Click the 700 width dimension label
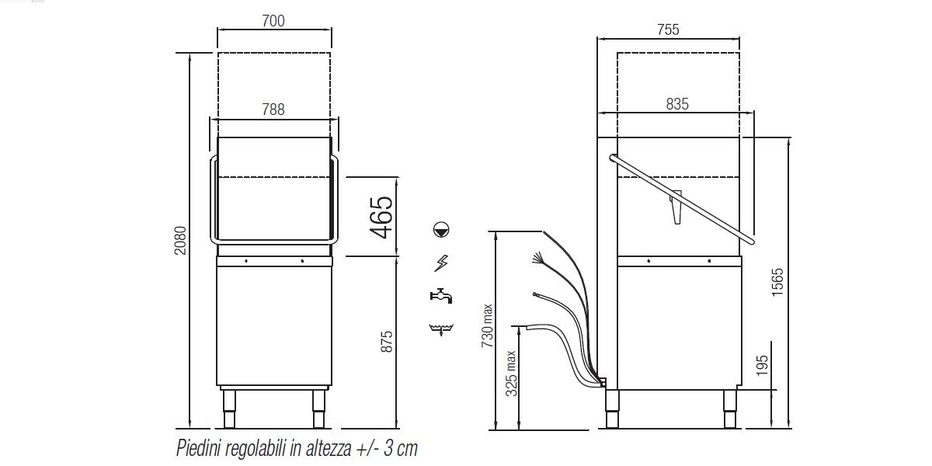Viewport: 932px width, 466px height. (x=273, y=21)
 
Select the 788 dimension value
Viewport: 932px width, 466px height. (x=273, y=110)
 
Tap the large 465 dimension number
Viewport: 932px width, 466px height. (x=381, y=217)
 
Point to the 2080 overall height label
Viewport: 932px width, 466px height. (x=180, y=241)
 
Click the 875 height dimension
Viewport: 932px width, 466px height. (x=387, y=342)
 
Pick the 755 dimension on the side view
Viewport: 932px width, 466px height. (x=668, y=30)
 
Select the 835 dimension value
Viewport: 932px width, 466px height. (x=677, y=104)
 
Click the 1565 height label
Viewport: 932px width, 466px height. (x=777, y=282)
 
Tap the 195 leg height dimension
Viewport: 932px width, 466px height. (x=762, y=366)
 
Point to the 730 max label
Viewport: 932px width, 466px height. (x=487, y=325)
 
